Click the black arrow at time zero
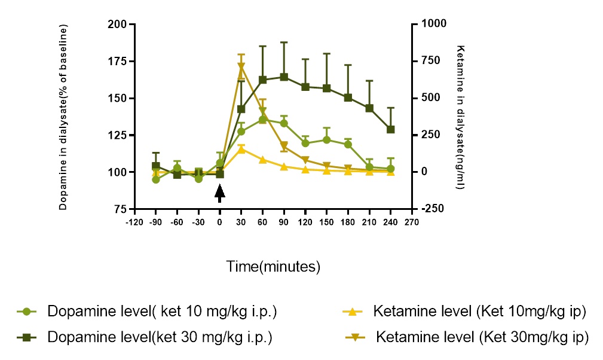[220, 193]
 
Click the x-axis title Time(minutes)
[273, 266]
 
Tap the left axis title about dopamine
[63, 117]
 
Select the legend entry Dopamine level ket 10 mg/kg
[162, 312]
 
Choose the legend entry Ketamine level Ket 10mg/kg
[478, 312]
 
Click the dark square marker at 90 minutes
[284, 77]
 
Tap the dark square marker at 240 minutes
[391, 129]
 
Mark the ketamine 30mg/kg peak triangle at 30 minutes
[241, 67]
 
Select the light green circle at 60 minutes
[263, 120]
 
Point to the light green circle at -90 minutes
[156, 179]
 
